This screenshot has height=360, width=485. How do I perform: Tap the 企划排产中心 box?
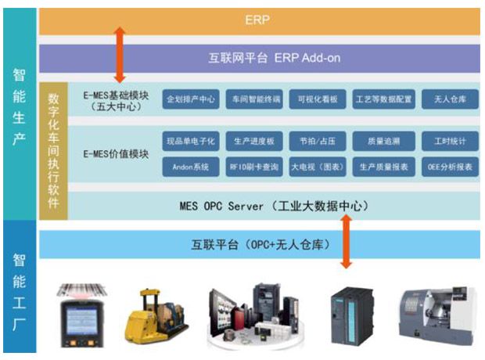click(190, 100)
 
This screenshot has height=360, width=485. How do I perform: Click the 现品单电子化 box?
click(190, 141)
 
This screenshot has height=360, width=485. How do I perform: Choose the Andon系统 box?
click(190, 167)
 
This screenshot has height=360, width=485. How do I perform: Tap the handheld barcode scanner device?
click(82, 313)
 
